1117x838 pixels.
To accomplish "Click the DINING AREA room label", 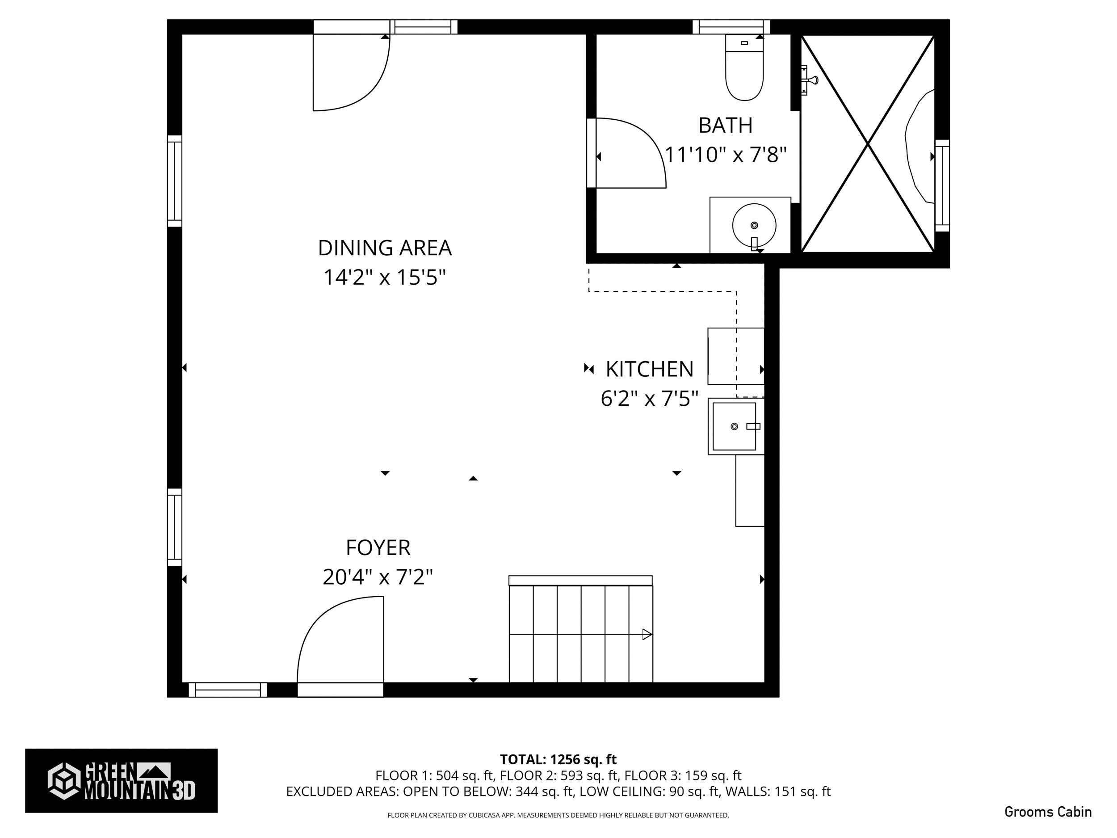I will point(384,248).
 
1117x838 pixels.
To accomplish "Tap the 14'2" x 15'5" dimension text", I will point(384,277).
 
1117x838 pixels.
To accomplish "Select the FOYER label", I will point(378,547).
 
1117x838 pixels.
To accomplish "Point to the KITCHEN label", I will point(649,369).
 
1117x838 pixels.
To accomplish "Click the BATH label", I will point(725,125).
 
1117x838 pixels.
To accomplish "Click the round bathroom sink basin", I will point(754,225).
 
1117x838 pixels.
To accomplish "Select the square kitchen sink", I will point(734,426).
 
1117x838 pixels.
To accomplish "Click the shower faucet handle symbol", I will point(810,80).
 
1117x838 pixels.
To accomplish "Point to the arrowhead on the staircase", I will point(647,635).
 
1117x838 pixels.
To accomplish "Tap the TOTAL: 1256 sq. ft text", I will point(558,759).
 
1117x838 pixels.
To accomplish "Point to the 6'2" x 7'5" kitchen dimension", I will point(649,399).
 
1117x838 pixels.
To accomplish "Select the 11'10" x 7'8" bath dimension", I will point(725,155).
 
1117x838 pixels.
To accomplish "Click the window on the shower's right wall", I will point(942,185).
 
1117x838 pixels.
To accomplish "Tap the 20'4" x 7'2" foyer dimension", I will point(378,577).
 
